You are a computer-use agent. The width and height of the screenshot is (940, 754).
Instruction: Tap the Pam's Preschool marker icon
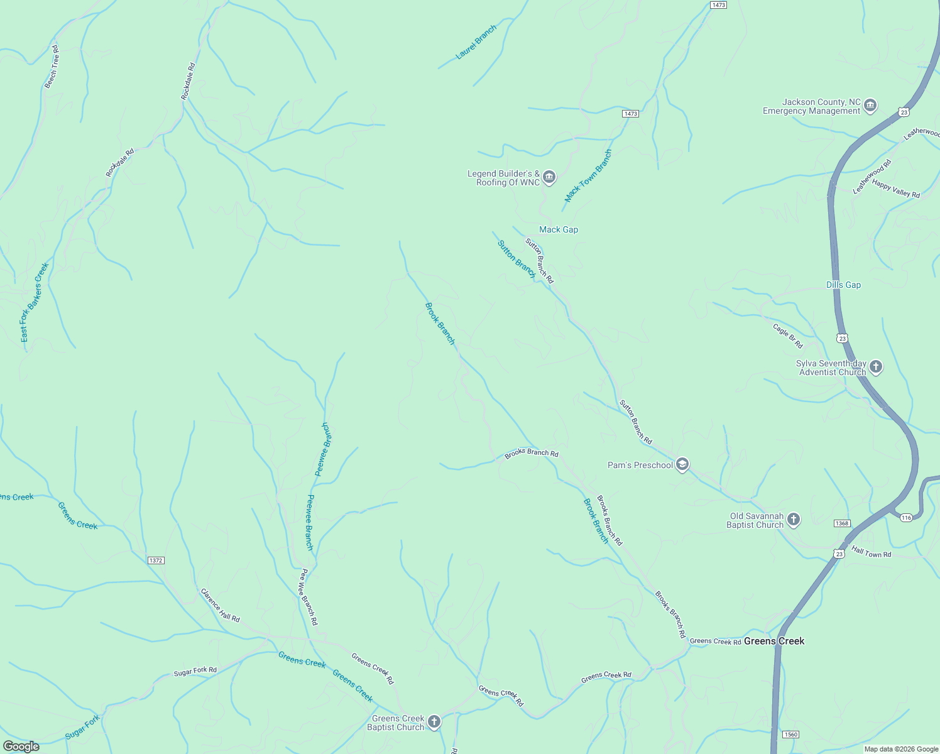point(682,465)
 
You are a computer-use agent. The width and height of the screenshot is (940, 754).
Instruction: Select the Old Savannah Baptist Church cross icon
point(794,520)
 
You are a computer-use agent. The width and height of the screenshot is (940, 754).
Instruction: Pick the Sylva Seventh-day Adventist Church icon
point(876,367)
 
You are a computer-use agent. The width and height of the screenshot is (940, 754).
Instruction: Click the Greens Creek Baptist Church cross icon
point(434,722)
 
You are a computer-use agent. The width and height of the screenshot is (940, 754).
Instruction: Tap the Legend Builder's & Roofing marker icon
point(549,177)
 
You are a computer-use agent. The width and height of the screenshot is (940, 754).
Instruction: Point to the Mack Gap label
point(558,229)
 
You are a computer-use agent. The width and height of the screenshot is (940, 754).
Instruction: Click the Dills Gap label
point(843,285)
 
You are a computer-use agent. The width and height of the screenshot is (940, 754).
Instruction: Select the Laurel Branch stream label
point(476,42)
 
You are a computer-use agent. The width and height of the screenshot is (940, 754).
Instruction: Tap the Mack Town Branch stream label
point(588,175)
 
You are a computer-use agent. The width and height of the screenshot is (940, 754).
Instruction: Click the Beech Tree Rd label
point(52,66)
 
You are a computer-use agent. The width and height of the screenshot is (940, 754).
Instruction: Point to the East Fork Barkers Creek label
point(34,302)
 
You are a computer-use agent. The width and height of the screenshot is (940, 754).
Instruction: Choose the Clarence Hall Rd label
point(220,604)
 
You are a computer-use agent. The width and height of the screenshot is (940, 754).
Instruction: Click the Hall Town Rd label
point(871,552)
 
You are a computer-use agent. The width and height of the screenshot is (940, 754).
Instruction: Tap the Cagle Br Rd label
point(787,336)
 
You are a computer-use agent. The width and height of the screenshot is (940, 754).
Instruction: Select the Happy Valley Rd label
point(895,189)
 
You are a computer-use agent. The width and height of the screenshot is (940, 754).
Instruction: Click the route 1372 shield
point(156,560)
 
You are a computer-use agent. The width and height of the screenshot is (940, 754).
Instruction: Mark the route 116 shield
point(905,518)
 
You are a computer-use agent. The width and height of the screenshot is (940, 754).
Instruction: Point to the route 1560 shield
point(790,735)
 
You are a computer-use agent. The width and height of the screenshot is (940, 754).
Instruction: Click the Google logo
point(21,746)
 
